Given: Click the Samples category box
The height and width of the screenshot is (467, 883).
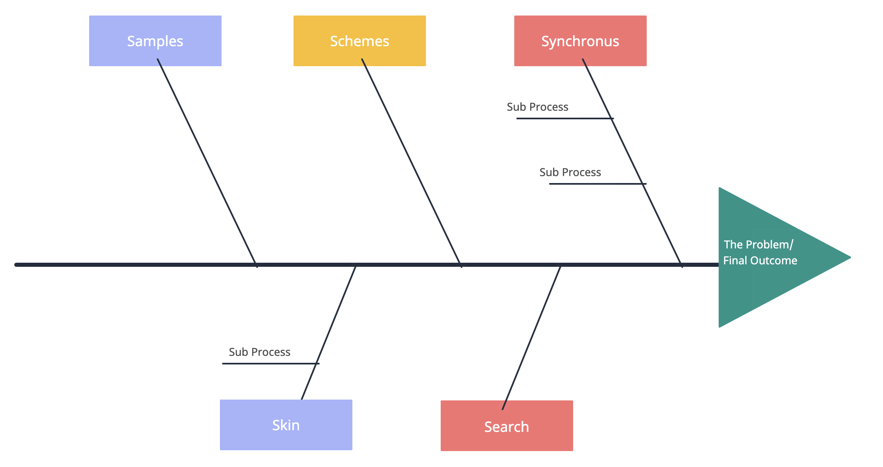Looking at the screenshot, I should [155, 41].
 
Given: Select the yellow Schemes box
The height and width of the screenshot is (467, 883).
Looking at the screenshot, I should [359, 41].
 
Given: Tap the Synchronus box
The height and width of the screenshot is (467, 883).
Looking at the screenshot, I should [580, 41].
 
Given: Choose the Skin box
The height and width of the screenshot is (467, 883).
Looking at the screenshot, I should [286, 425].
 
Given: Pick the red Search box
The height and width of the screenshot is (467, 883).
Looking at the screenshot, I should [506, 426].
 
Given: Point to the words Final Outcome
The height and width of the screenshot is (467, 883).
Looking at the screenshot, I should [760, 260].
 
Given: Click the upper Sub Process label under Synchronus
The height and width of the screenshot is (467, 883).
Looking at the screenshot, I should [537, 107].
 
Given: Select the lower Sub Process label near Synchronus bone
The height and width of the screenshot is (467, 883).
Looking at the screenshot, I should [570, 172].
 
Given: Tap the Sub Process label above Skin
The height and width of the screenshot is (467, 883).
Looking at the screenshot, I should [259, 352].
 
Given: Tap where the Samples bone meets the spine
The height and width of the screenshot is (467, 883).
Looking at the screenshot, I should [255, 264].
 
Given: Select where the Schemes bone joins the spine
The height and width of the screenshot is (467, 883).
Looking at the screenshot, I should [460, 264].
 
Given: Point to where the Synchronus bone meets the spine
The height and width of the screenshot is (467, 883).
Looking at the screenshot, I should [681, 264].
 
